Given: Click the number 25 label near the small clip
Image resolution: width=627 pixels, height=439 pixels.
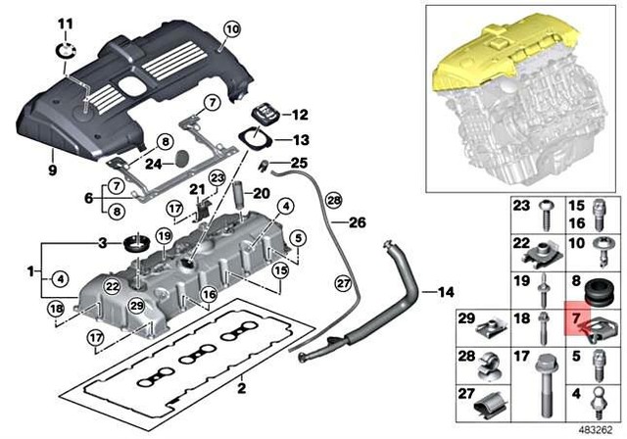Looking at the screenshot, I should tap(299, 162).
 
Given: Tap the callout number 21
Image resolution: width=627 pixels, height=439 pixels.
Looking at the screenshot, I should tap(196, 189).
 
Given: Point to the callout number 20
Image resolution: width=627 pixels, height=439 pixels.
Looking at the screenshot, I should tap(260, 193).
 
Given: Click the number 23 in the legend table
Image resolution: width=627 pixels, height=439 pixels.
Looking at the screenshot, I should tap(521, 206).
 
